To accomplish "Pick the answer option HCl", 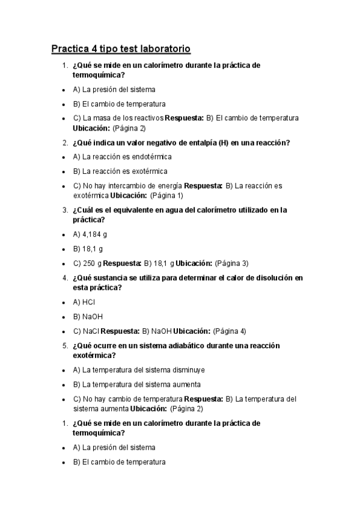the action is [x=89, y=302].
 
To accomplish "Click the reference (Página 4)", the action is [x=229, y=331].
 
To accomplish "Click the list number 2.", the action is [x=64, y=143].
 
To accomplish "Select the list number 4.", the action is [x=64, y=278].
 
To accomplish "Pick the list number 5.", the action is [x=64, y=346].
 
